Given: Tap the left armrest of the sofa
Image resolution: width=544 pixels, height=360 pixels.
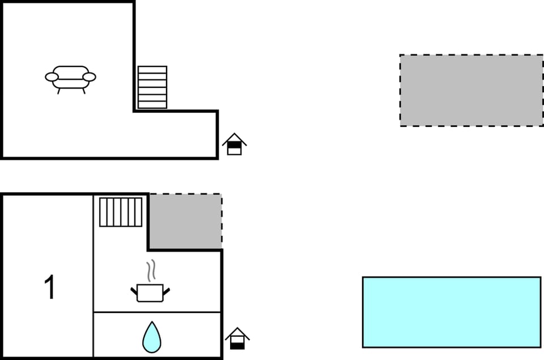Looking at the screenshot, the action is (x=52, y=77).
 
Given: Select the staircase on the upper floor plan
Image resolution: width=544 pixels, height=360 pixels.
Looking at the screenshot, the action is (x=152, y=87).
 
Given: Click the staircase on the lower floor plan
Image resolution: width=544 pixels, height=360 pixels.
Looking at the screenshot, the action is (x=121, y=212).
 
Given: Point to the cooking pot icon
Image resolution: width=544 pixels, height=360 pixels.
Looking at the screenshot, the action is (x=150, y=293).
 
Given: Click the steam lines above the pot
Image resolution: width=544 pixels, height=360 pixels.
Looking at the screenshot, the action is (x=151, y=271).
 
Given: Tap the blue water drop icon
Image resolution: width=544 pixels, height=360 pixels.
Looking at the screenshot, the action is (x=152, y=337).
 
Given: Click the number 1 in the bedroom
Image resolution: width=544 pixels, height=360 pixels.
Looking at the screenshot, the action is (x=50, y=287).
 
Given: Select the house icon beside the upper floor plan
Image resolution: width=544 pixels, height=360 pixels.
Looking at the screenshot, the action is (x=235, y=144).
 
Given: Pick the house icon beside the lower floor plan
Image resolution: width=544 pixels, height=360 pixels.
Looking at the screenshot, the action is (x=237, y=338).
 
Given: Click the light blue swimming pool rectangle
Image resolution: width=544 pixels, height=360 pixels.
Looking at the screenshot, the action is (x=452, y=312).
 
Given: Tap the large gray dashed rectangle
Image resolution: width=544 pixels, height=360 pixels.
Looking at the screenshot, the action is (x=471, y=90).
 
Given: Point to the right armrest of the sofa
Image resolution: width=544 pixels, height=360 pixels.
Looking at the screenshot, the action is (x=89, y=77).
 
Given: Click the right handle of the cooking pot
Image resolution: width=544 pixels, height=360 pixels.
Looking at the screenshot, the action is (x=166, y=291).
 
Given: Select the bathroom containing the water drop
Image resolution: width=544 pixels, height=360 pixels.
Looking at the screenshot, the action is (x=157, y=334).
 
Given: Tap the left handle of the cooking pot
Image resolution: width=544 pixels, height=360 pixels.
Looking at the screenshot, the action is (x=134, y=291).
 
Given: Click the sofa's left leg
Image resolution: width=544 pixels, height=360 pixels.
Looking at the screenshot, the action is (x=59, y=91).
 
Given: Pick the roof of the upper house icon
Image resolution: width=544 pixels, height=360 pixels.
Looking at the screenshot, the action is (x=235, y=139).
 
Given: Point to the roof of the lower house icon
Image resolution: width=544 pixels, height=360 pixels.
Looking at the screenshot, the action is (x=237, y=333).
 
